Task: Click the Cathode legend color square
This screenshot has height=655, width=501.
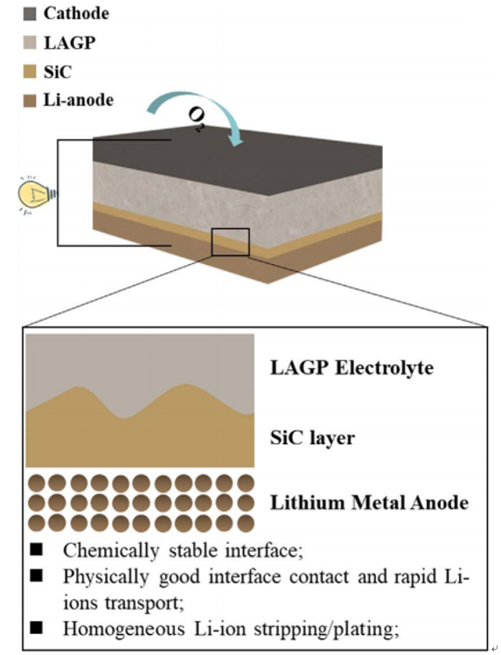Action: point(30,14)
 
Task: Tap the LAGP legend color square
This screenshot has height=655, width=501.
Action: point(30,43)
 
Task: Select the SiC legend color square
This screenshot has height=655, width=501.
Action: point(30,72)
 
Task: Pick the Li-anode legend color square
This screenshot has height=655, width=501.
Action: point(30,101)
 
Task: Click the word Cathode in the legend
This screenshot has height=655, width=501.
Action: point(76,13)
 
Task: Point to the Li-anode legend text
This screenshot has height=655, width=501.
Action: point(79,101)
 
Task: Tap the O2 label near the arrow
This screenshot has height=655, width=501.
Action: point(196,120)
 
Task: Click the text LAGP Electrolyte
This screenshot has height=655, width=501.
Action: point(352,368)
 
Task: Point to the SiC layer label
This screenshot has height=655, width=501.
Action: point(312,438)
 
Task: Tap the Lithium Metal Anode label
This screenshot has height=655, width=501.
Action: point(370,503)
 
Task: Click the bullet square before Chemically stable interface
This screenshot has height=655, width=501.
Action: point(37,550)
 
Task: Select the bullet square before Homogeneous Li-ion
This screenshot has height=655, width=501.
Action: point(37,627)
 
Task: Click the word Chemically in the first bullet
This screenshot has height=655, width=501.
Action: point(111,551)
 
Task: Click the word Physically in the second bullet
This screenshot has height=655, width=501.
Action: point(106,577)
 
